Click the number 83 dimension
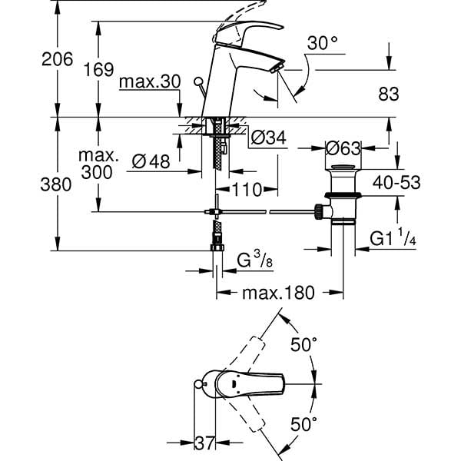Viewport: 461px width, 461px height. [x=390, y=94]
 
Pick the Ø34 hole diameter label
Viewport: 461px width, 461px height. [x=268, y=138]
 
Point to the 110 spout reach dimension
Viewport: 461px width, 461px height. [x=245, y=188]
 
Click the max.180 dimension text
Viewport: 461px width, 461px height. [x=278, y=293]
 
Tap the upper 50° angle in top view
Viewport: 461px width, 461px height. [x=303, y=345]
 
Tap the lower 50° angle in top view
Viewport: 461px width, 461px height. [x=303, y=423]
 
